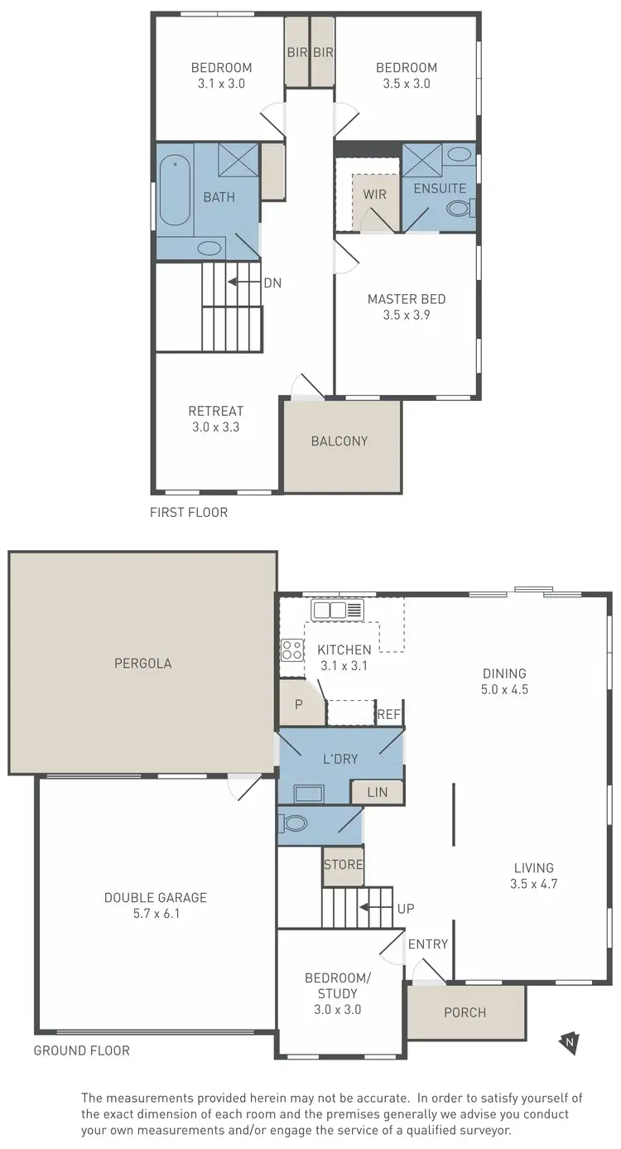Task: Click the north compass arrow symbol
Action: (x=569, y=1041)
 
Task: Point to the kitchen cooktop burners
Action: (x=291, y=649)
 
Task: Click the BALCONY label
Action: (x=339, y=442)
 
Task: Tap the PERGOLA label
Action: (x=143, y=664)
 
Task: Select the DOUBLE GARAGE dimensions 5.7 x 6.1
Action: (x=156, y=915)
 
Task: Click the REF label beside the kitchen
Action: (x=389, y=714)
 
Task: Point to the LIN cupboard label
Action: (x=377, y=793)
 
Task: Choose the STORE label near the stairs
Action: (x=344, y=865)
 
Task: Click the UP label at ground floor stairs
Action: (x=406, y=909)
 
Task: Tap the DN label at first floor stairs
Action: (x=272, y=282)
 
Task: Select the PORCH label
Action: (x=465, y=1012)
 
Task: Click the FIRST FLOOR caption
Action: (x=188, y=513)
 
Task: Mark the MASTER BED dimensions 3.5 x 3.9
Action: (x=407, y=316)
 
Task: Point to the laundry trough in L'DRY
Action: (x=310, y=794)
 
